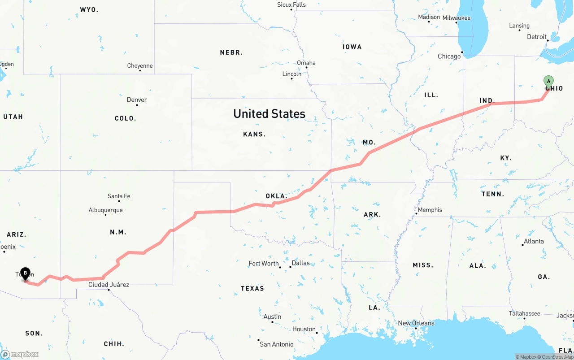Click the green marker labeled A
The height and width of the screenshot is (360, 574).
(x=548, y=82)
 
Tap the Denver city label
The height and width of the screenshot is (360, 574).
(x=137, y=100)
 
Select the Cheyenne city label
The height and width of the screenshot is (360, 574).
(x=140, y=66)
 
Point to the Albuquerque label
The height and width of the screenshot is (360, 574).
(x=105, y=210)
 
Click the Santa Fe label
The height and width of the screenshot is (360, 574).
(x=119, y=196)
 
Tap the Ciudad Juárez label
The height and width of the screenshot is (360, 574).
(x=109, y=285)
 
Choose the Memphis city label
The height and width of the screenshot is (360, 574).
(x=430, y=210)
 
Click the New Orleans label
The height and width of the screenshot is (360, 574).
(x=416, y=323)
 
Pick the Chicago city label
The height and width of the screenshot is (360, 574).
(x=449, y=56)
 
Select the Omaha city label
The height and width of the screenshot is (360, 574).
(x=306, y=63)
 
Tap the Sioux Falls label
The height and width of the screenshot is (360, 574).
(x=291, y=5)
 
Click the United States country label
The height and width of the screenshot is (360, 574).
(x=269, y=114)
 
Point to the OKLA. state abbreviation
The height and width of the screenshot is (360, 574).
(x=276, y=196)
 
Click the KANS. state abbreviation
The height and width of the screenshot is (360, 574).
(x=254, y=134)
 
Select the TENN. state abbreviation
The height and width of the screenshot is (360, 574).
(x=493, y=194)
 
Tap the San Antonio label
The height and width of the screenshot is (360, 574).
(x=277, y=344)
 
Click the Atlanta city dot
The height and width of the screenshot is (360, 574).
(x=523, y=245)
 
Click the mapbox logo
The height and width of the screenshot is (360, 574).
(x=20, y=354)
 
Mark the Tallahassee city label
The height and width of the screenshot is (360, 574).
(x=524, y=313)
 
